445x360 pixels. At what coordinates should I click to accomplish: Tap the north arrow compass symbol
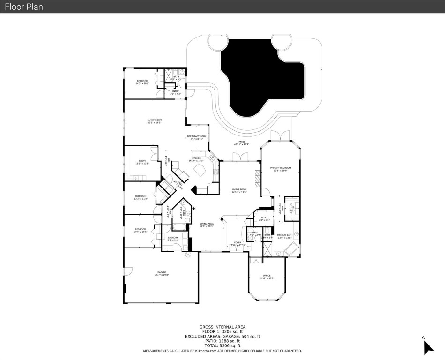[x=428, y=346]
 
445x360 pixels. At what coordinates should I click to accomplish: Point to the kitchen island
[x=200, y=169]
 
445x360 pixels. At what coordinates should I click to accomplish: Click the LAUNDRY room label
[x=173, y=239]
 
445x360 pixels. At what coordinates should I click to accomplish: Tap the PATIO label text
[x=242, y=142]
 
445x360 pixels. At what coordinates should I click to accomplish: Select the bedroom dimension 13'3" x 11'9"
[x=141, y=232]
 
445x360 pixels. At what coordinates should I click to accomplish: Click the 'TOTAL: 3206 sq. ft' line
[x=222, y=345]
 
